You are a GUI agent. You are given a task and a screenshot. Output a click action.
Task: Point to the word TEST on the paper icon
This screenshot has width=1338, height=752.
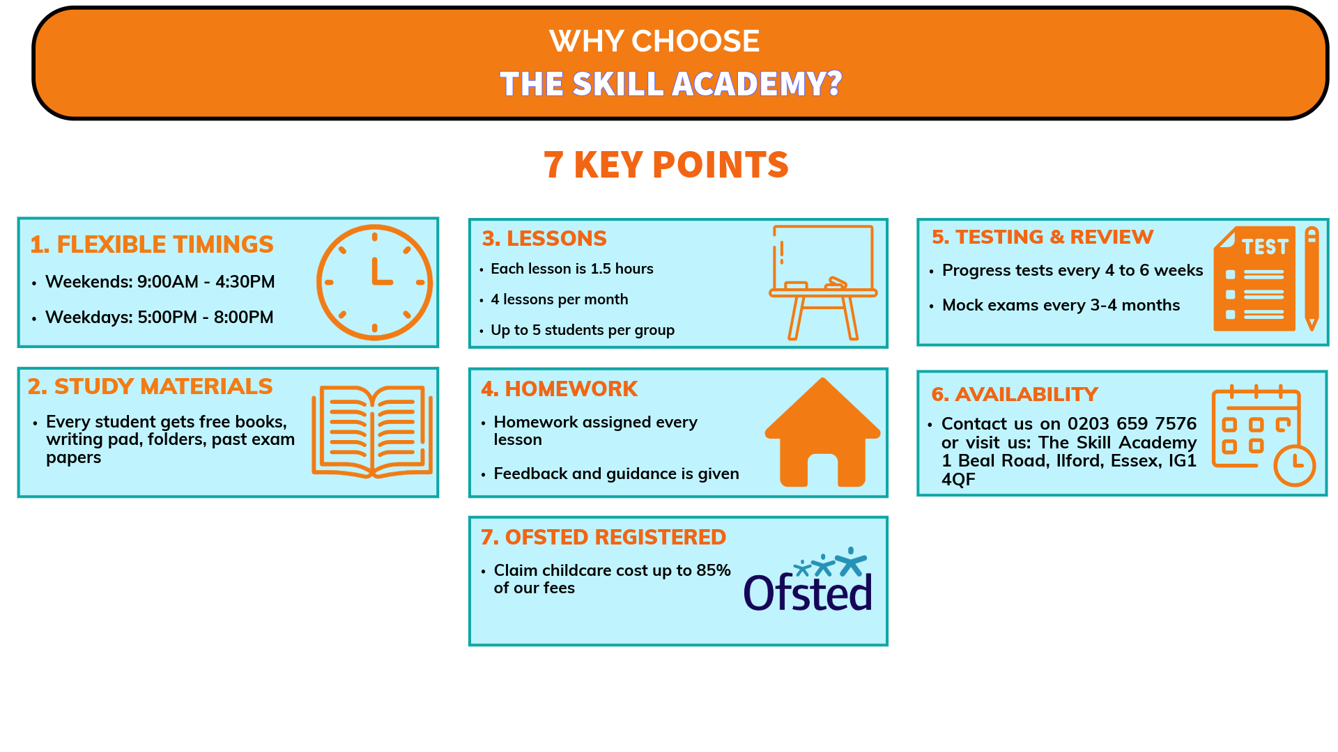pos(1265,246)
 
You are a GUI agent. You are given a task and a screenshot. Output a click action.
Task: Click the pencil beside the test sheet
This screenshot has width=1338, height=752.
pos(1312,279)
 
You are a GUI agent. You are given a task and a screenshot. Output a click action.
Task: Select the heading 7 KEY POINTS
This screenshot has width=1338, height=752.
pos(666,165)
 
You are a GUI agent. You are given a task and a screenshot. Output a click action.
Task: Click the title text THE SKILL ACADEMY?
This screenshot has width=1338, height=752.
pos(671,84)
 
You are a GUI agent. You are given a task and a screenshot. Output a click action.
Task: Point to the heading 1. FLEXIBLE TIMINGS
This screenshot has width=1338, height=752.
pos(152,244)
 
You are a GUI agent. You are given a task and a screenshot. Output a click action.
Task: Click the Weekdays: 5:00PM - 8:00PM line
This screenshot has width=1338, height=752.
pos(160,318)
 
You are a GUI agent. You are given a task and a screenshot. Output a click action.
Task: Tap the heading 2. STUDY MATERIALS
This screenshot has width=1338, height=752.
pos(151,386)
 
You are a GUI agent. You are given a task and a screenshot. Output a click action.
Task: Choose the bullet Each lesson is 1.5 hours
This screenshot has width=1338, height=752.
pos(572,269)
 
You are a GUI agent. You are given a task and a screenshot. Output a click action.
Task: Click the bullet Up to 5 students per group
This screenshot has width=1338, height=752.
pos(583,330)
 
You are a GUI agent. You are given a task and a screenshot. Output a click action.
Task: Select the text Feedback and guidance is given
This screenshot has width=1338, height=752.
pos(617,473)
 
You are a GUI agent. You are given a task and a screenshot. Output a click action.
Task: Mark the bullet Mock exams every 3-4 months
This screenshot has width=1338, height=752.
pos(1061,305)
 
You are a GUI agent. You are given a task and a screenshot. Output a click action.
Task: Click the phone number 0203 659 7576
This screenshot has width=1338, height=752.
pos(1132,423)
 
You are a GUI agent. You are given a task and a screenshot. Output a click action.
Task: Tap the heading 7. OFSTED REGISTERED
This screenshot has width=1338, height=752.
pos(603,537)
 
